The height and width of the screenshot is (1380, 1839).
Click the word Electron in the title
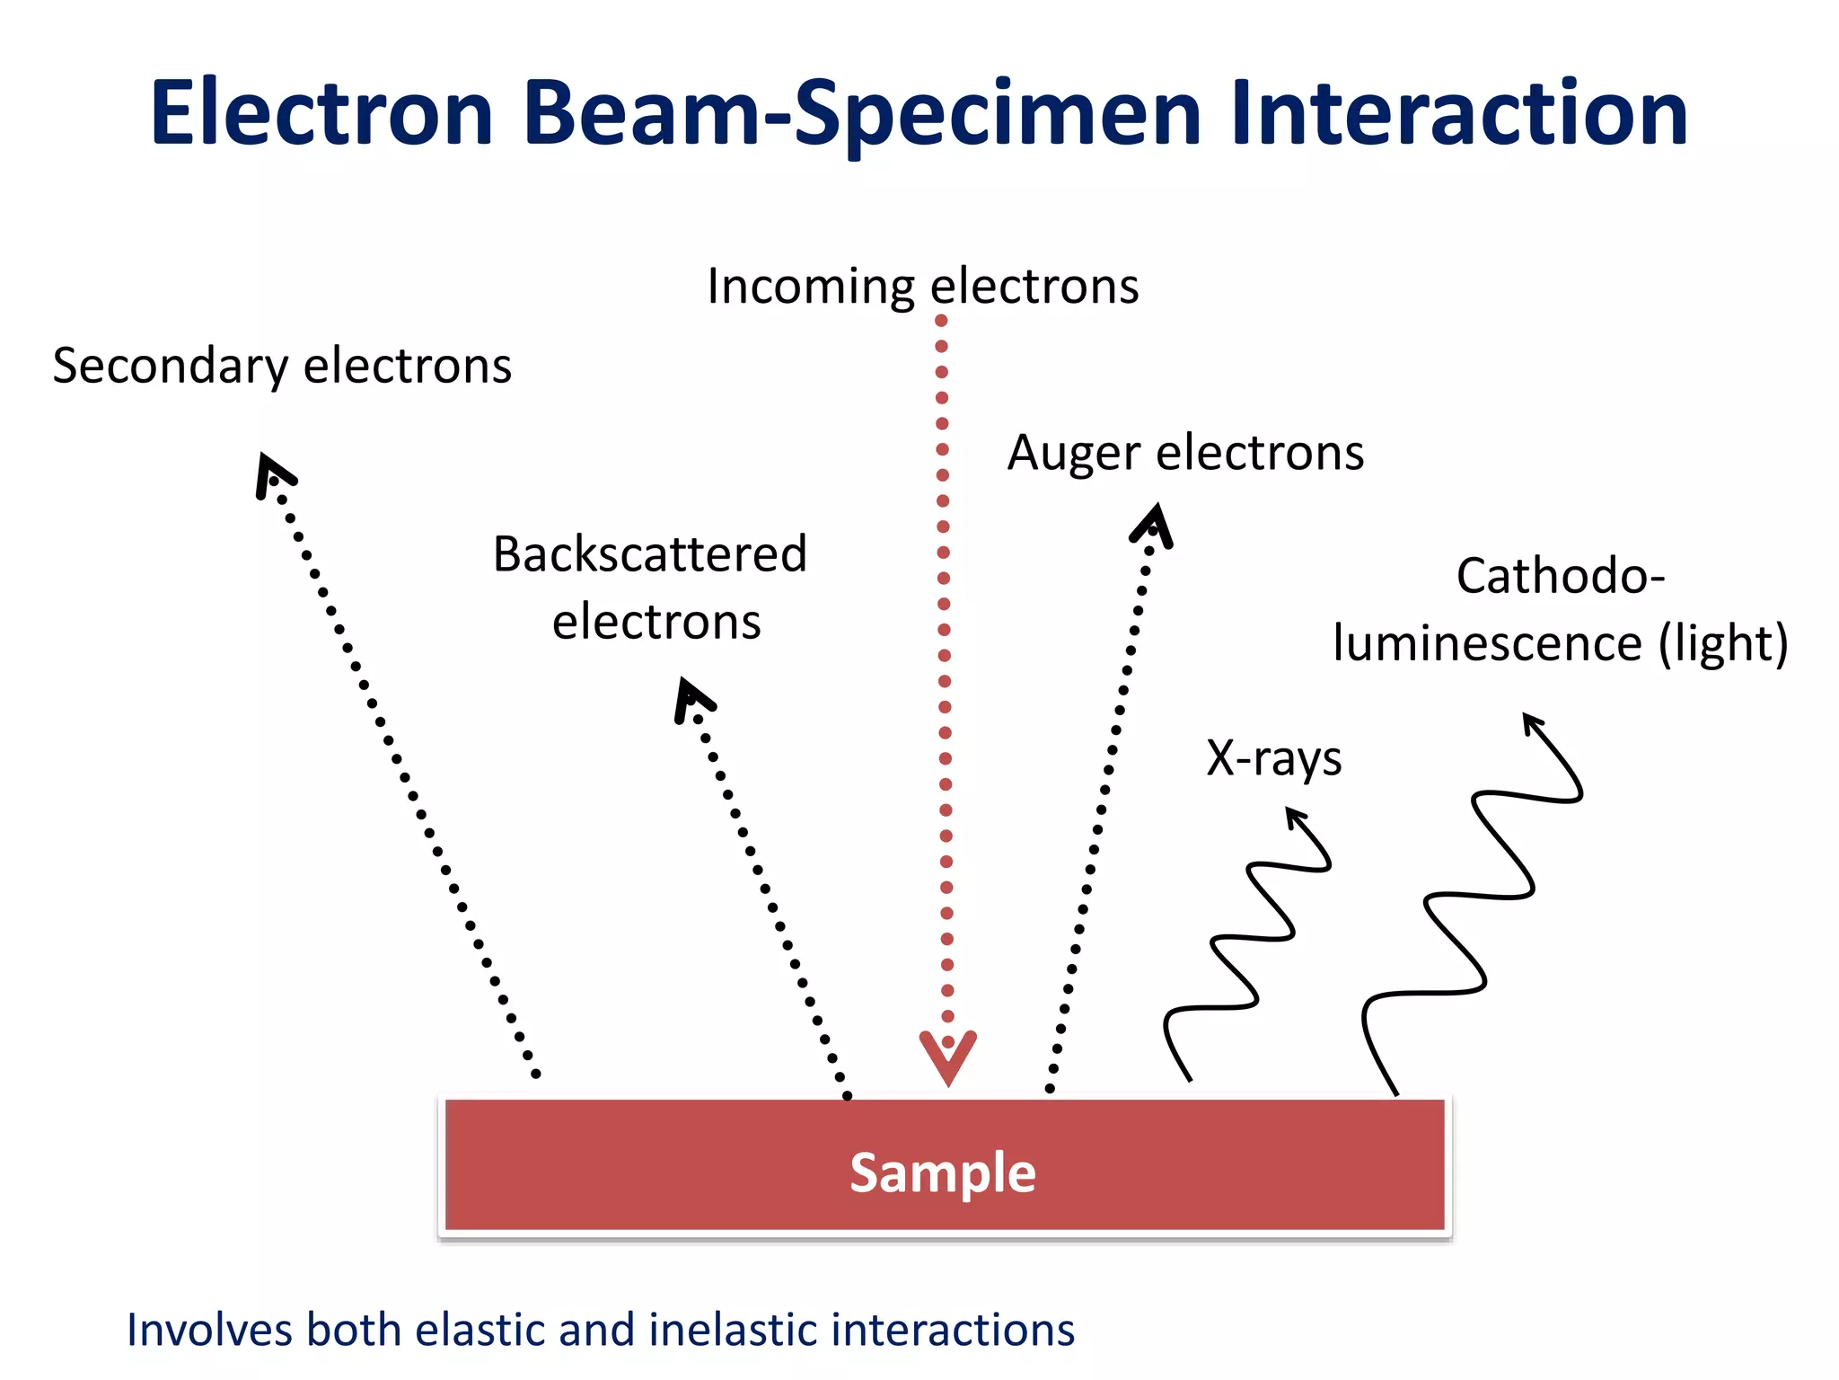pyautogui.click(x=321, y=113)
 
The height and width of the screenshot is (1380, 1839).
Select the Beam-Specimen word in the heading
pyautogui.click(x=862, y=115)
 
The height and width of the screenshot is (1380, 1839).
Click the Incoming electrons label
pyautogui.click(x=922, y=287)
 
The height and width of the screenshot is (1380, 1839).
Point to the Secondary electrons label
pyautogui.click(x=282, y=367)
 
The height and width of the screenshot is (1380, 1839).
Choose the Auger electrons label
pyautogui.click(x=1185, y=453)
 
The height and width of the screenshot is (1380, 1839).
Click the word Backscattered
pyautogui.click(x=650, y=554)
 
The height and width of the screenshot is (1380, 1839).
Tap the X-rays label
pyautogui.click(x=1273, y=758)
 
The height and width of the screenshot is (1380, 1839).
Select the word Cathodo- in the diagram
pyautogui.click(x=1561, y=576)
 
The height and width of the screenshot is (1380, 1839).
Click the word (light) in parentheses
pyautogui.click(x=1723, y=644)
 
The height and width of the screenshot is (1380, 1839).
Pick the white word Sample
pyautogui.click(x=943, y=1172)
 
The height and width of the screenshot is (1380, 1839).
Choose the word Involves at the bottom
pyautogui.click(x=208, y=1331)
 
